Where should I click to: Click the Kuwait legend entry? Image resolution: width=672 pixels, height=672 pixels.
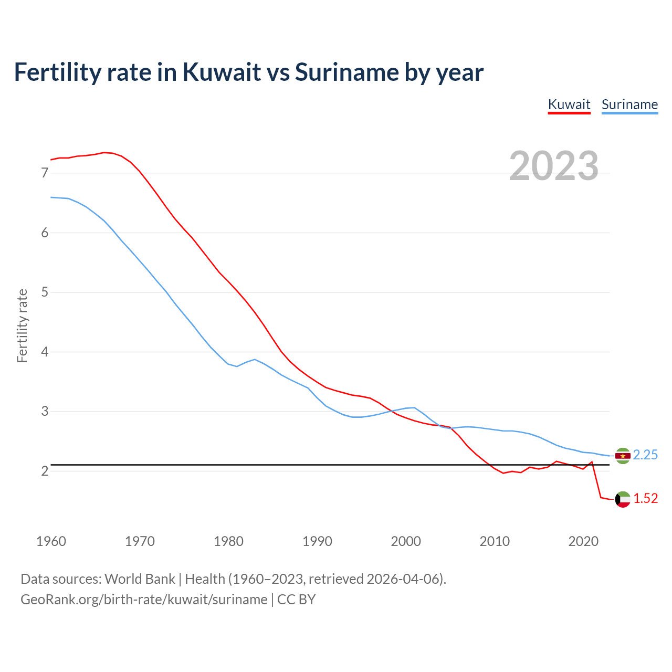click(x=569, y=104)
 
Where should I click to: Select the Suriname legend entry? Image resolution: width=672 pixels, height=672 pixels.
click(x=629, y=104)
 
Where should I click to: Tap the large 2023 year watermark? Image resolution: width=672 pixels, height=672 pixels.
click(x=554, y=166)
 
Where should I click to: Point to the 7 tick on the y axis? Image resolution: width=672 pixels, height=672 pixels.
click(x=45, y=173)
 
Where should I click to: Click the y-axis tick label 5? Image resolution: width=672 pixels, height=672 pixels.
click(x=45, y=292)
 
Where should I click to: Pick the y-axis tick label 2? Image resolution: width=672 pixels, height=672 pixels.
click(x=45, y=471)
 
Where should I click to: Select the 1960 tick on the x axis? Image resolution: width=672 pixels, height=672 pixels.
click(x=51, y=541)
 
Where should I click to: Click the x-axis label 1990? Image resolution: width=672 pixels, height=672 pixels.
click(x=317, y=541)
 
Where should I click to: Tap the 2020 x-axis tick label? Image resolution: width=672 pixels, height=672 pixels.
click(x=583, y=541)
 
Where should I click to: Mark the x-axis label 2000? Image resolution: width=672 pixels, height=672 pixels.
click(x=406, y=541)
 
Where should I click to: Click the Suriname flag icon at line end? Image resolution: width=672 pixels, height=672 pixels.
click(x=623, y=456)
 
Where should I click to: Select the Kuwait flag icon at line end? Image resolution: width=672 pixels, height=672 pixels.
click(x=623, y=499)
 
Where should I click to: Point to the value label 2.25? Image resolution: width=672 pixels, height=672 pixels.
click(x=645, y=455)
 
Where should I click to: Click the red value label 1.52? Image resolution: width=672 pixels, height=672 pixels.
click(x=645, y=499)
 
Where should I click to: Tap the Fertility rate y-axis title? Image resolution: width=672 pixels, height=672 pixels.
click(x=22, y=325)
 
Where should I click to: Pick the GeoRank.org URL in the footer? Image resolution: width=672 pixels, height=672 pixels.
click(x=144, y=600)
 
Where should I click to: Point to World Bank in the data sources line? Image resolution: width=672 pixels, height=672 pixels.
click(x=140, y=579)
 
